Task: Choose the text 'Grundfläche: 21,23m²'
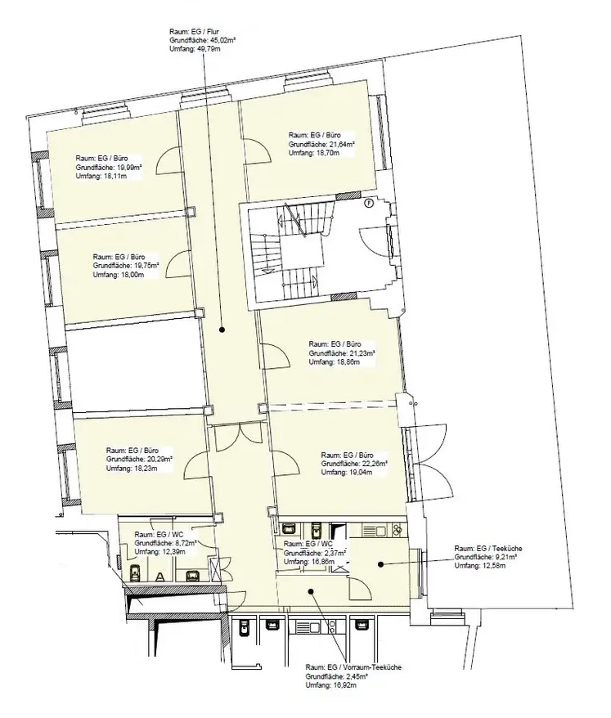(x=340, y=353)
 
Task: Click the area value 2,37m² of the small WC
(x=331, y=553)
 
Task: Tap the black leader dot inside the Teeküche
(x=380, y=563)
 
